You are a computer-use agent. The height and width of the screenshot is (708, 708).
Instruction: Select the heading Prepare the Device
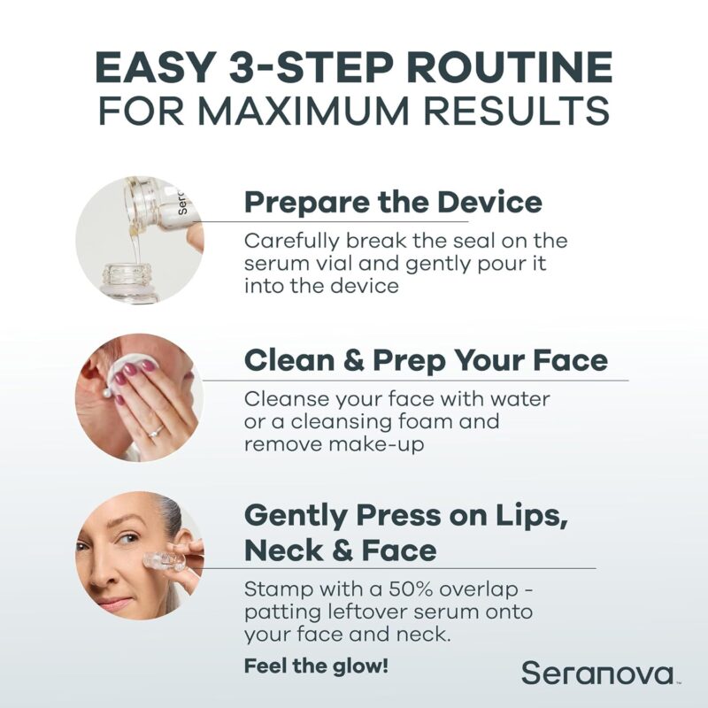coord(393,202)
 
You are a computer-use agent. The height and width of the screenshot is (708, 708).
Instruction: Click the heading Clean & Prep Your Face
coord(426,360)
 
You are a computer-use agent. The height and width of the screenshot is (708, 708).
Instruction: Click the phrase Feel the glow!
coord(316,666)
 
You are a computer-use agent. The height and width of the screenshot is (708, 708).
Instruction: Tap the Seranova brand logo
coord(597,672)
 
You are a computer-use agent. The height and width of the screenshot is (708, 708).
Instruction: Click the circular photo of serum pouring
coord(139,240)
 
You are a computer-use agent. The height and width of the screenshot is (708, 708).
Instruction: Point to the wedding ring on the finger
coord(157,431)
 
